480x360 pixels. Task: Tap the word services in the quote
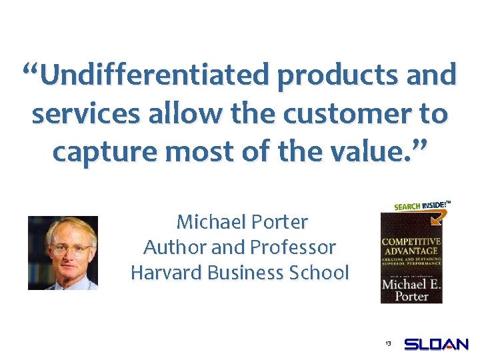(x=85, y=114)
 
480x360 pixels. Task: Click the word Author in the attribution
(x=175, y=247)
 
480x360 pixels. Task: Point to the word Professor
(x=293, y=247)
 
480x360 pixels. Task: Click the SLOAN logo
(x=436, y=345)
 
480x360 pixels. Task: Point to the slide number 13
(x=387, y=343)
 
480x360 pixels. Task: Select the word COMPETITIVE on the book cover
(x=410, y=241)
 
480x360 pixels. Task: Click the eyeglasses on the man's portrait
(x=63, y=251)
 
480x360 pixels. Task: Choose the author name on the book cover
(x=410, y=290)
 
